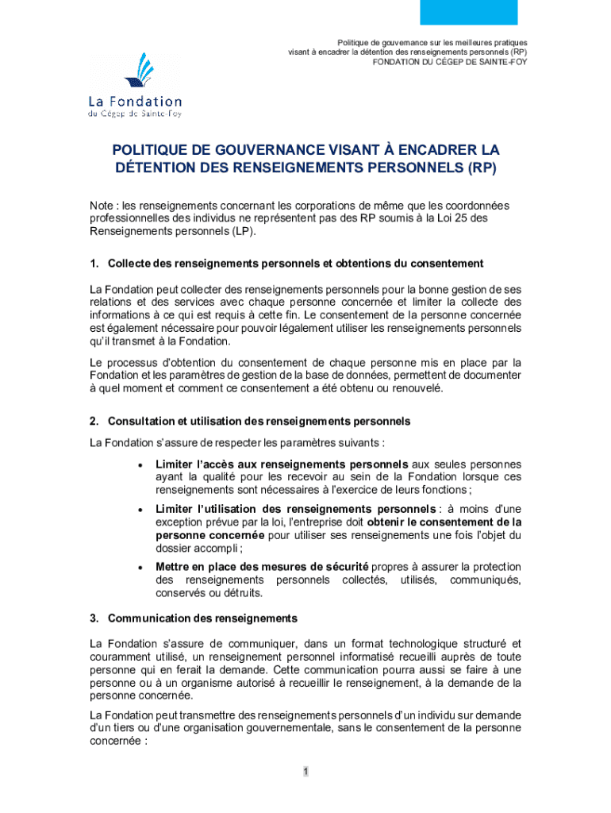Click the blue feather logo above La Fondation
click(x=136, y=71)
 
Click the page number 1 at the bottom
click(x=305, y=772)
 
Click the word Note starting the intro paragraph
click(x=102, y=206)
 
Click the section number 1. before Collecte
click(x=94, y=263)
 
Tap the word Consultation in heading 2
click(x=141, y=420)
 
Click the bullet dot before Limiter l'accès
click(x=140, y=464)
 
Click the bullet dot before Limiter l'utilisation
click(x=140, y=509)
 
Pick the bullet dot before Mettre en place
click(x=140, y=567)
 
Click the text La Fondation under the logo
click(x=134, y=102)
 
